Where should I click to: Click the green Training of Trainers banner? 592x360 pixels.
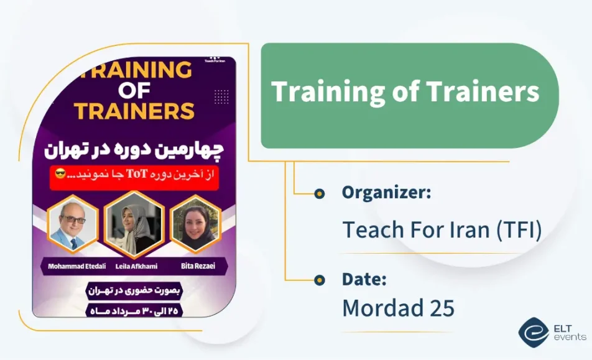[407, 93]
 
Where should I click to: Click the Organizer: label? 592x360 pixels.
[386, 193]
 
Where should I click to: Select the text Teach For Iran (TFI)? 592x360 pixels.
[442, 229]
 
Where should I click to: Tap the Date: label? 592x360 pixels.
[364, 279]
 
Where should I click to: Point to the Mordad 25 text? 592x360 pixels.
[398, 308]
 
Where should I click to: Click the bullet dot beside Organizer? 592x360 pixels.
[320, 193]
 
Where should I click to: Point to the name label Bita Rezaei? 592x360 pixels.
[198, 266]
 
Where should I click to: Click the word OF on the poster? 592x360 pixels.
[134, 91]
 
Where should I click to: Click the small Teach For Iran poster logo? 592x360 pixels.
[216, 60]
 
